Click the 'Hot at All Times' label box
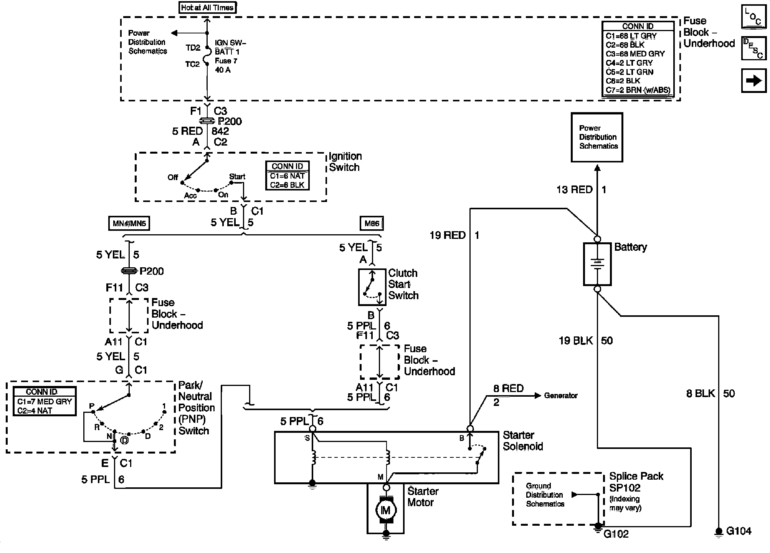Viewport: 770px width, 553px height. pos(207,8)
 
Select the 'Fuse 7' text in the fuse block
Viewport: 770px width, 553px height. pos(226,61)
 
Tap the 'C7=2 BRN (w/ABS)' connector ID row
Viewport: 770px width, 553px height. pos(638,90)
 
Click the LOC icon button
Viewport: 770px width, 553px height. pos(753,17)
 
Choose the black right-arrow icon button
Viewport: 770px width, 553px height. pos(753,81)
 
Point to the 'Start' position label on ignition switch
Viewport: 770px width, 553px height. pos(237,177)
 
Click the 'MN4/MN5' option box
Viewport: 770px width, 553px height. pos(129,224)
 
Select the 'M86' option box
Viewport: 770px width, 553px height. pos(372,224)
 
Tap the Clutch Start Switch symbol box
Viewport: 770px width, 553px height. pos(372,287)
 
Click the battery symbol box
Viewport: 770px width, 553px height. pos(597,264)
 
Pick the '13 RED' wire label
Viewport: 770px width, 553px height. pos(575,189)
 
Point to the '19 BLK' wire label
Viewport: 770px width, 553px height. pos(576,341)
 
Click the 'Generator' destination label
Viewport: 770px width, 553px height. pos(561,396)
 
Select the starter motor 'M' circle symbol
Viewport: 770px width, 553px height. pos(386,510)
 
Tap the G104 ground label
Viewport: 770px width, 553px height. pos(739,531)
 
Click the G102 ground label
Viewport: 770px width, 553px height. pos(616,534)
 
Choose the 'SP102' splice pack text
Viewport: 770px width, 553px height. pos(625,488)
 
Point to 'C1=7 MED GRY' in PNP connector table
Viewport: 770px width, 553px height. pos(45,402)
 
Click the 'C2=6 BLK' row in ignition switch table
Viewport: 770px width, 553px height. pos(287,185)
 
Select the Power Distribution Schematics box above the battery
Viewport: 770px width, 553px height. pos(597,137)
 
